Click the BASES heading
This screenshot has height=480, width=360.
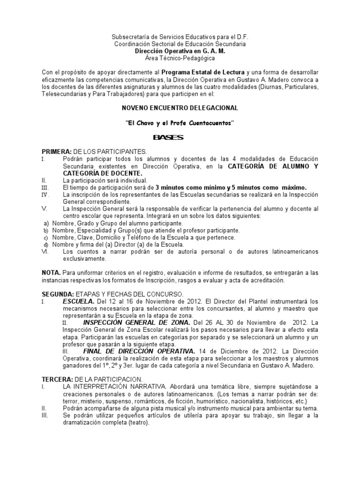click(x=168, y=137)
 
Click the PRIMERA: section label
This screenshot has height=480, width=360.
click(x=56, y=151)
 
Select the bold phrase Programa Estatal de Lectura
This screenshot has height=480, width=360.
click(x=203, y=72)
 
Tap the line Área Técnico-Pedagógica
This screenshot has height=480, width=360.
click(x=180, y=58)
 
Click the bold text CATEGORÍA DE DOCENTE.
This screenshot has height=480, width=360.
click(x=95, y=173)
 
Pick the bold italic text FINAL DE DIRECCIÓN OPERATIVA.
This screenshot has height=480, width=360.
click(x=139, y=351)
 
